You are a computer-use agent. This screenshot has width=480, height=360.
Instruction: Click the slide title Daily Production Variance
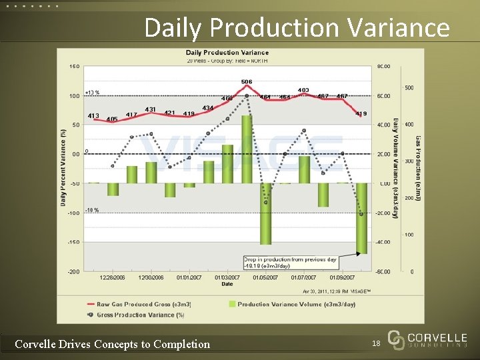297,28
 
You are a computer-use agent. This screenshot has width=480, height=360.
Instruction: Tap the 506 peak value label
247,82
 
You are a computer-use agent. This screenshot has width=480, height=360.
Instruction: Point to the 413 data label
93,116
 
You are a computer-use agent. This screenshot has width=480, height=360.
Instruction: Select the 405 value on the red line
112,119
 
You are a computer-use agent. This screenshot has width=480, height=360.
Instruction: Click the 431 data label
151,109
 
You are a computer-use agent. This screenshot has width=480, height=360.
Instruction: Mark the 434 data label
208,108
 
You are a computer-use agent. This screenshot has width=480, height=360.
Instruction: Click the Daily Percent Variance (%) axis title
63,167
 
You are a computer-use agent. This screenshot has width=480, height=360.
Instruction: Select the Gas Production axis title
418,167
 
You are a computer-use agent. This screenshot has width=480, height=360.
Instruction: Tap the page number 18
375,343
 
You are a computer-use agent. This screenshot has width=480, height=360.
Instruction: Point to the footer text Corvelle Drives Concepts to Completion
112,344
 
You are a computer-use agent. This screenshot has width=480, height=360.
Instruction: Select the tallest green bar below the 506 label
247,149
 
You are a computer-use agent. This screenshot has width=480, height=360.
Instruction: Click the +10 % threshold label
92,93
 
